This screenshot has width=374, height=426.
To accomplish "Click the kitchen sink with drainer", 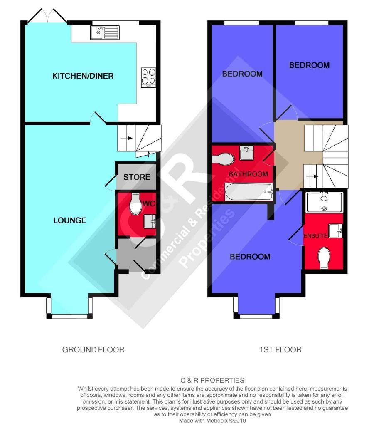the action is (x=105, y=32).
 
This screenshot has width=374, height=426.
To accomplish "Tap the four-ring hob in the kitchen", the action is (x=148, y=77).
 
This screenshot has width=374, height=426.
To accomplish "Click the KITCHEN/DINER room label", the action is (x=83, y=76).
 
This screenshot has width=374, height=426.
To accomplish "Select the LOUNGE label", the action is (x=70, y=220).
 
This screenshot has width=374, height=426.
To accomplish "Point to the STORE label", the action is (x=137, y=177).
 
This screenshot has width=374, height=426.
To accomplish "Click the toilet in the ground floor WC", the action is (x=135, y=204).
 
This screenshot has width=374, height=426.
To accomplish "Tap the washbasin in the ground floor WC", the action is (x=150, y=221).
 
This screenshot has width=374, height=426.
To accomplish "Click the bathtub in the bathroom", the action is (x=249, y=192).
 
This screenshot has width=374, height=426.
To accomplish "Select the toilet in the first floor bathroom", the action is (x=223, y=159).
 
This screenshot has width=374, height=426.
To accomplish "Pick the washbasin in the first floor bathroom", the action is (x=247, y=153).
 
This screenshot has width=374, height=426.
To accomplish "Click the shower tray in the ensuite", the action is (x=324, y=203).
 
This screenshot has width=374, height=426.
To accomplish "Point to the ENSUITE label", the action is (x=315, y=236).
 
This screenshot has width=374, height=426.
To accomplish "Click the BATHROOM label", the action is (x=249, y=174).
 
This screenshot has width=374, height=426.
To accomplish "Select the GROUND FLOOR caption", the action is (x=93, y=349).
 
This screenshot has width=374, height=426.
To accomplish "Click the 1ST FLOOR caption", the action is (x=280, y=349).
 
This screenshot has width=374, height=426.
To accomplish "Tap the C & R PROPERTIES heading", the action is (x=212, y=380).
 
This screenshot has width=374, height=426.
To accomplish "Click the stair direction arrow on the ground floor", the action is (x=126, y=138).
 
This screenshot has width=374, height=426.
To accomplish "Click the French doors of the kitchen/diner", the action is (x=47, y=16).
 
